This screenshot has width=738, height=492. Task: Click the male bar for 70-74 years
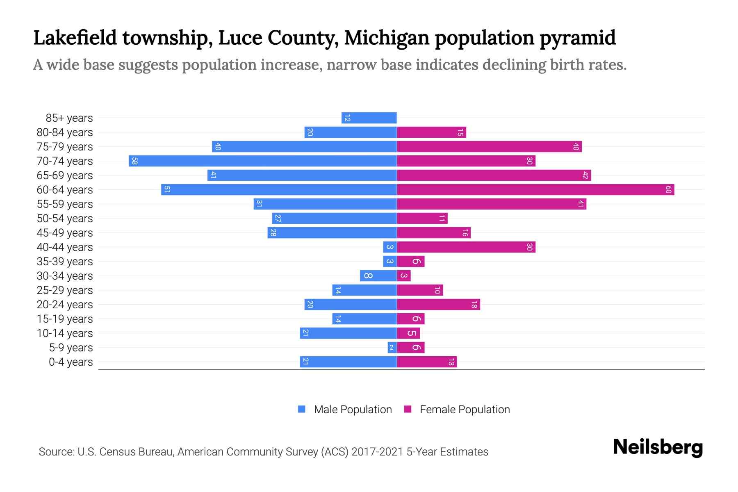[x=262, y=161]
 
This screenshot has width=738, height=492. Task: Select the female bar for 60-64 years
[x=535, y=189]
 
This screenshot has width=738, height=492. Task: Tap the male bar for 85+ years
[x=369, y=118]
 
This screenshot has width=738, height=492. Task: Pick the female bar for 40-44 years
[x=466, y=247]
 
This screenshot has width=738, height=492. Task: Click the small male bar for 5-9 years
[x=392, y=347]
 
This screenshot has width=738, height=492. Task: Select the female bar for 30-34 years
[x=404, y=276]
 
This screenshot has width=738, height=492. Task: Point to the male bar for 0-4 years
[x=348, y=362]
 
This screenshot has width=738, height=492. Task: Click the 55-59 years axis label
[x=65, y=204]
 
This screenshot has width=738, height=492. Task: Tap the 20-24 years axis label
[x=65, y=304]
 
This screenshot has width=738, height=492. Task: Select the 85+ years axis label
[x=69, y=118]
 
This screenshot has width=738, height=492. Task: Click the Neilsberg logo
[x=658, y=447]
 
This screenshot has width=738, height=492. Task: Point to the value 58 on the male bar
[x=134, y=161]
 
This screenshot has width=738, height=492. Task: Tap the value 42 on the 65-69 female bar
[x=585, y=175]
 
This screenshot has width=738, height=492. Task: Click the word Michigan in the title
[x=387, y=38]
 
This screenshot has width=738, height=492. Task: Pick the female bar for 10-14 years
[x=408, y=333]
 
